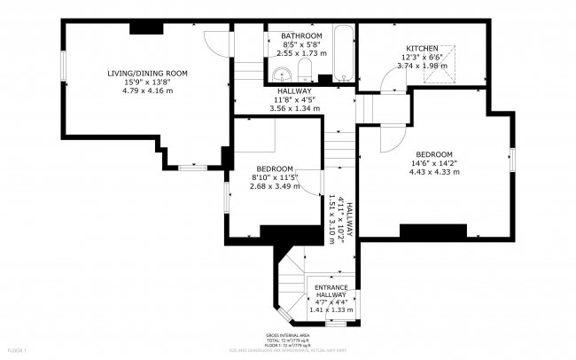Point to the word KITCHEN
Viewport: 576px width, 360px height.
pyautogui.click(x=421, y=48)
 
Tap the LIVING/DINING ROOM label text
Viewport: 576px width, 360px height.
pyautogui.click(x=147, y=73)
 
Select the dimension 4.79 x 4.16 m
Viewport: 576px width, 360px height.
pyautogui.click(x=147, y=90)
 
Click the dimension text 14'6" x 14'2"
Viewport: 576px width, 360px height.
pyautogui.click(x=435, y=162)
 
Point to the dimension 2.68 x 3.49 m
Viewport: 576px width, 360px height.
pyautogui.click(x=274, y=186)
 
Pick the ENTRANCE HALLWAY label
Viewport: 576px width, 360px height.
pyautogui.click(x=331, y=293)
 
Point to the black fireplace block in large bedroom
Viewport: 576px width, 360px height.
pyautogui.click(x=432, y=231)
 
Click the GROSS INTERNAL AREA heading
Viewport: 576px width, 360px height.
pyautogui.click(x=288, y=336)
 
